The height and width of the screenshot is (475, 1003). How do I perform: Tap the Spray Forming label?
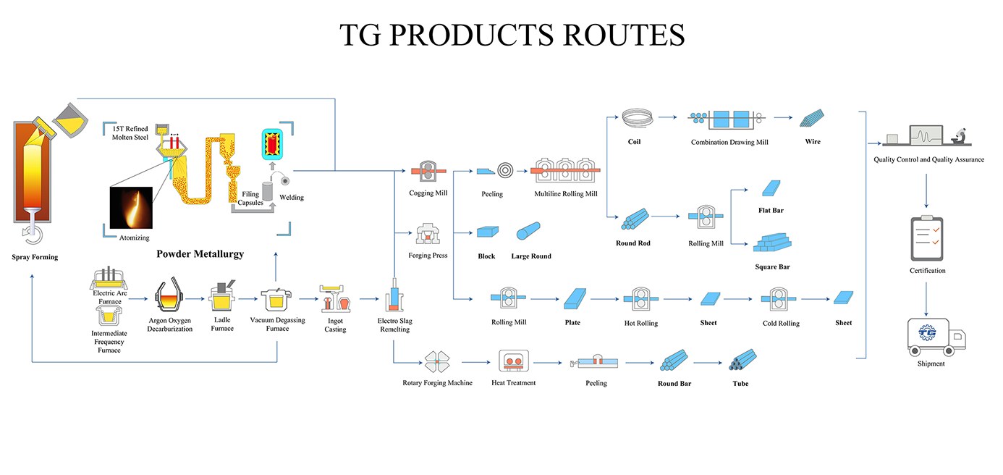(x=35, y=257)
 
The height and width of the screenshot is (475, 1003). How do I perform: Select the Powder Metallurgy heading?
(x=200, y=254)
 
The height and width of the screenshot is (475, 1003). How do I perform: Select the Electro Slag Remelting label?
(x=394, y=325)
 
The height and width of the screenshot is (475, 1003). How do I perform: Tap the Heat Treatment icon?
(x=514, y=361)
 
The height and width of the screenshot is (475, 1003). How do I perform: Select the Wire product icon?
(x=812, y=117)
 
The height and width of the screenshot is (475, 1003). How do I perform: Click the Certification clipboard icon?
(x=926, y=237)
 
